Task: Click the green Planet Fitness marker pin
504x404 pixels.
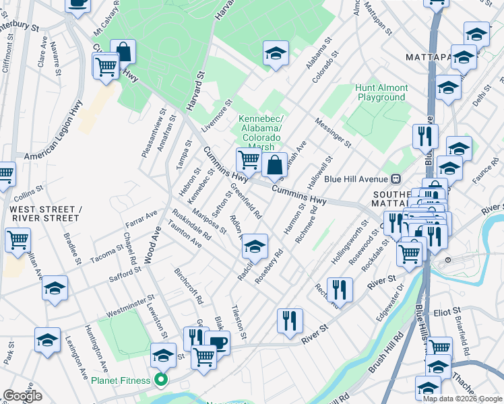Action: [x=161, y=380]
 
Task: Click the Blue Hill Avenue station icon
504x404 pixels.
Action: [x=396, y=178]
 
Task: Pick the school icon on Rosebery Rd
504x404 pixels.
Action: [x=255, y=245]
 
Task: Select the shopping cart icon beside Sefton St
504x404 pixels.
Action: [x=248, y=160]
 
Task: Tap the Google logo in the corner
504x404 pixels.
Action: [x=22, y=396]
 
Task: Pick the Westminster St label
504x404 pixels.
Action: [x=131, y=306]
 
